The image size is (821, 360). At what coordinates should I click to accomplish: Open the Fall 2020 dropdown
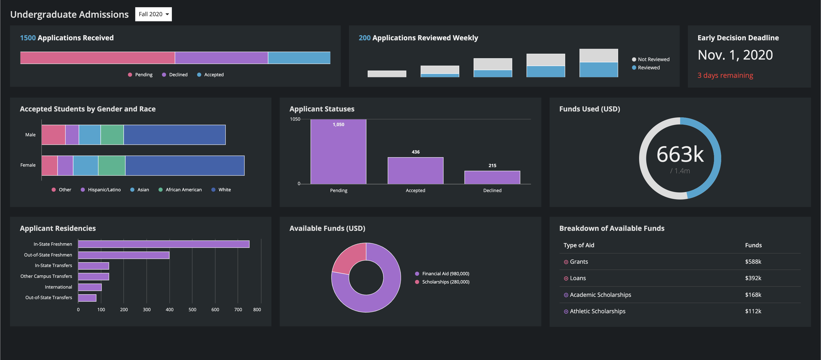point(153,14)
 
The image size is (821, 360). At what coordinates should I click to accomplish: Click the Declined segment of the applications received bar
point(221,58)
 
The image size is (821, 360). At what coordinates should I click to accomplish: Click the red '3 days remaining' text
point(725,75)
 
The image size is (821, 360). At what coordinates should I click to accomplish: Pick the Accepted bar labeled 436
point(415,170)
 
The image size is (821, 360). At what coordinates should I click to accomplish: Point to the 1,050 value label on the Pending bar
point(338,124)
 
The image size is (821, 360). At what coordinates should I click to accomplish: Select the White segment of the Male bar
point(174,135)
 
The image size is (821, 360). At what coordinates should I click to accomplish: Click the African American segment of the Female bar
point(112,165)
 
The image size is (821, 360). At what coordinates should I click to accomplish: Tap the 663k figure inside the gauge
point(680,155)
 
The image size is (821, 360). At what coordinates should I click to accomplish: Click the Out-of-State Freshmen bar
point(124,255)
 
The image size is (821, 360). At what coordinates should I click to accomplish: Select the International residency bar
point(90,287)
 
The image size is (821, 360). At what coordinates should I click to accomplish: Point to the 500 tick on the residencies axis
point(192,310)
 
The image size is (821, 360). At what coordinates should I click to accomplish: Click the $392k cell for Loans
point(753,278)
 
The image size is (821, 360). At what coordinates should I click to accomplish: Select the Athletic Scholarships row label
point(597,311)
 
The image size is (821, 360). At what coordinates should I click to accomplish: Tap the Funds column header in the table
point(753,245)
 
